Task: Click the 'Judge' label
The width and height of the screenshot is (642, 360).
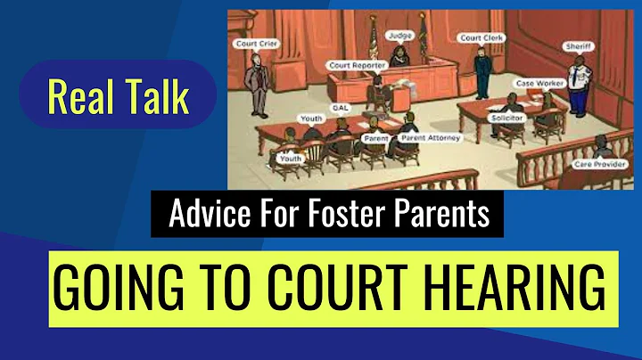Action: tap(398, 36)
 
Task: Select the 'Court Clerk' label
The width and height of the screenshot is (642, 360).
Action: tap(481, 38)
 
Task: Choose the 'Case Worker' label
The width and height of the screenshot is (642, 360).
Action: tap(537, 83)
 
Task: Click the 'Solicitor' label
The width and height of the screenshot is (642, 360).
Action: tap(506, 117)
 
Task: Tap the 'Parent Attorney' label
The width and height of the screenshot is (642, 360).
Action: tap(424, 137)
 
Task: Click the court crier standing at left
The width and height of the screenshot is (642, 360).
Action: tap(259, 85)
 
